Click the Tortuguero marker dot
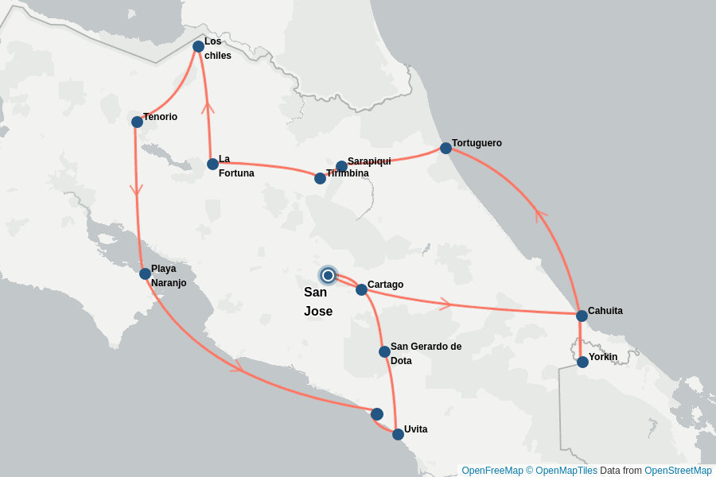tap(446, 148)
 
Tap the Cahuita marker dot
tap(582, 316)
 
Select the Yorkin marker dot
tap(582, 362)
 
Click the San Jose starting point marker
tap(328, 275)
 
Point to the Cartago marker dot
tap(361, 289)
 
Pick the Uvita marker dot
tap(398, 434)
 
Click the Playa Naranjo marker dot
tap(145, 273)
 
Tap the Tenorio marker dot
tap(137, 122)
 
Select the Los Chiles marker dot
tap(198, 46)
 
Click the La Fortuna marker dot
tap(212, 164)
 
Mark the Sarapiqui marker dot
tap(341, 166)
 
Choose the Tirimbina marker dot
tap(320, 178)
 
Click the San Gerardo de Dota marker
tap(384, 351)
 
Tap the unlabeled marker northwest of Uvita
tap(377, 414)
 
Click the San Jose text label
tap(318, 302)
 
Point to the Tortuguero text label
tap(477, 143)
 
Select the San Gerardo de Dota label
tap(426, 353)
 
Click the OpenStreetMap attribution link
tap(678, 471)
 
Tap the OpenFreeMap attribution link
tap(492, 471)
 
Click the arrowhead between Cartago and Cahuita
tap(446, 304)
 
